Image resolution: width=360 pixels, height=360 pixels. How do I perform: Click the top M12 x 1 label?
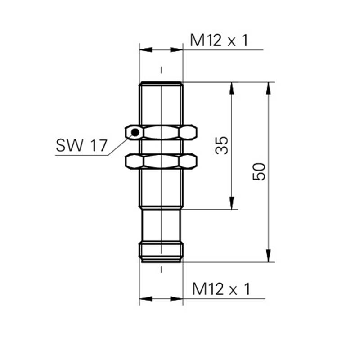pyautogui.click(x=219, y=40)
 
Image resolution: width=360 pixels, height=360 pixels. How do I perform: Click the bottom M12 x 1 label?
pyautogui.click(x=221, y=289)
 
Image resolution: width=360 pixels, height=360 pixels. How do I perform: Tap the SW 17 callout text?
pyautogui.click(x=81, y=145)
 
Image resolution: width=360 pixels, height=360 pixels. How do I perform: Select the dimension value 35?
pyautogui.click(x=222, y=145)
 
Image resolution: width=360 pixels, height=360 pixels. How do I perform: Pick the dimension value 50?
pyautogui.click(x=259, y=172)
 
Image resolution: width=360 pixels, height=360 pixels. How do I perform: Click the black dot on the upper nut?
pyautogui.click(x=135, y=132)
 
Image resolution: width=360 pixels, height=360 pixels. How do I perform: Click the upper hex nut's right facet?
pyautogui.click(x=188, y=132)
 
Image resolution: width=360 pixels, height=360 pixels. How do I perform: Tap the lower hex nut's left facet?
pyautogui.click(x=134, y=162)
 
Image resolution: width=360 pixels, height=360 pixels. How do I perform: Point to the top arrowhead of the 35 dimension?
pyautogui.click(x=232, y=88)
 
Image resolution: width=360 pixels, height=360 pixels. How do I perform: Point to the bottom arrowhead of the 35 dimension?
pyautogui.click(x=232, y=203)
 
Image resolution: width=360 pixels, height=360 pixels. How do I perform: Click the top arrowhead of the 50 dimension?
pyautogui.click(x=268, y=88)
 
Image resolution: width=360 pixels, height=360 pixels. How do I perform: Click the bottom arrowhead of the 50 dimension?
pyautogui.click(x=268, y=256)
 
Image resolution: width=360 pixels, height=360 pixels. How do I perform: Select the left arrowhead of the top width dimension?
pyautogui.click(x=146, y=50)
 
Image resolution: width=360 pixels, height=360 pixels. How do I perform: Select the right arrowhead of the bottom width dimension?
pyautogui.click(x=176, y=299)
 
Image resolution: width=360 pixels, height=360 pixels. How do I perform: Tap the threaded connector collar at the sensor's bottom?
pyautogui.click(x=161, y=252)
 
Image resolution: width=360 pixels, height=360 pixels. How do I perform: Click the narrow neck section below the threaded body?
pyautogui.click(x=161, y=225)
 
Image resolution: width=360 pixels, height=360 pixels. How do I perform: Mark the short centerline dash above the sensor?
pyautogui.click(x=161, y=70)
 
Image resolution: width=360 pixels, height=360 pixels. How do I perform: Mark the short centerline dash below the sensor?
pyautogui.click(x=161, y=270)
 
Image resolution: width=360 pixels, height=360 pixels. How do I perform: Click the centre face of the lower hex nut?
pyautogui.click(x=161, y=162)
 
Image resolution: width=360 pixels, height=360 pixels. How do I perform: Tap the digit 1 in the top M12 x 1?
pyautogui.click(x=245, y=40)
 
